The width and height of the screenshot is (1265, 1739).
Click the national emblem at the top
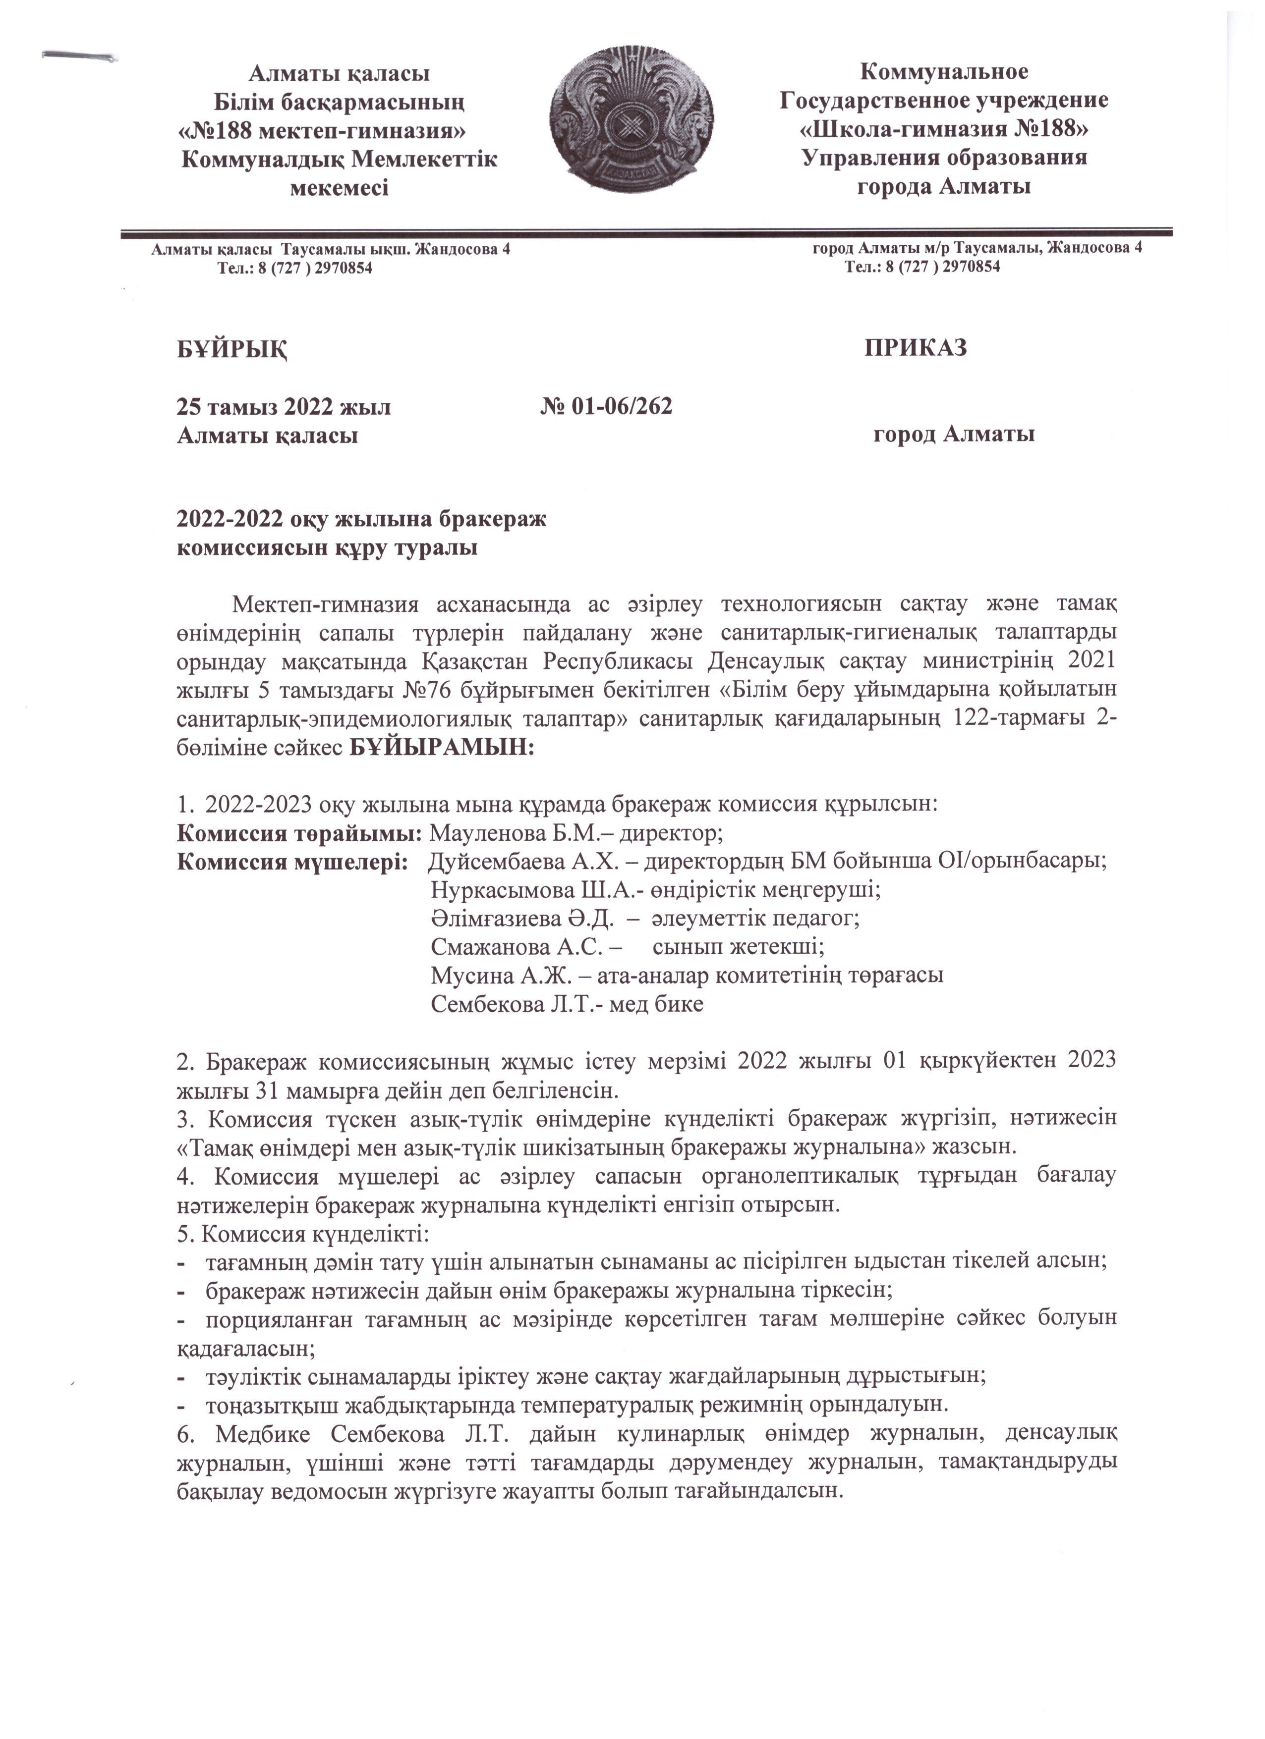point(632,129)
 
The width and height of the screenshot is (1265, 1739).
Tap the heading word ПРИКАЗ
point(915,347)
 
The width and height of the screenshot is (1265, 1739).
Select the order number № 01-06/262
point(606,406)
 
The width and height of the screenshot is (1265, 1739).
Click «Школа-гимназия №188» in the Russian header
point(944,129)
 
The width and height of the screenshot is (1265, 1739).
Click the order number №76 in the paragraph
point(426,690)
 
